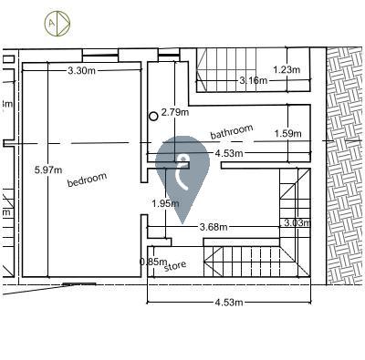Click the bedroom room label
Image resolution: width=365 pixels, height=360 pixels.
[87, 180]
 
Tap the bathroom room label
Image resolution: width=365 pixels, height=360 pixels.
[232, 132]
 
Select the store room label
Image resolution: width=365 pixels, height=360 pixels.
[175, 266]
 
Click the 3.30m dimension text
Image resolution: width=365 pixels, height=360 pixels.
[81, 71]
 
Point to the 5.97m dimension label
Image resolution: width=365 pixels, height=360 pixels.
[48, 170]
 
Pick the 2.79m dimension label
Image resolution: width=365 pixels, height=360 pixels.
[175, 112]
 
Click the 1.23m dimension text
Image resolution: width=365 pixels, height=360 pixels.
[287, 70]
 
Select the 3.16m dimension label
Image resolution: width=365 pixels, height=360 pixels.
[254, 80]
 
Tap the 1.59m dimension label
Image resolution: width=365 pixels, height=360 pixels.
[288, 133]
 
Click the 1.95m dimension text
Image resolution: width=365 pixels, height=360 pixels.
[165, 203]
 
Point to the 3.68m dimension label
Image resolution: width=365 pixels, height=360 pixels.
[214, 227]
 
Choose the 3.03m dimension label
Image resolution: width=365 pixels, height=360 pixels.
[297, 223]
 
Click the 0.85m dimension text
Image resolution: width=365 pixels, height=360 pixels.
[153, 262]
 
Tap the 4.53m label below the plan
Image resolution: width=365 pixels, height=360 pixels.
[229, 303]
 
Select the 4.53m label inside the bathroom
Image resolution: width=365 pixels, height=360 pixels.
[229, 153]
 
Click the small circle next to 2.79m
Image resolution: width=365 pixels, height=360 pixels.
[153, 116]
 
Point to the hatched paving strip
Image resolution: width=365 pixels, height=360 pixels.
[346, 166]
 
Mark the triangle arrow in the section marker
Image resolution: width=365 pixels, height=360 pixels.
[63, 24]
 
